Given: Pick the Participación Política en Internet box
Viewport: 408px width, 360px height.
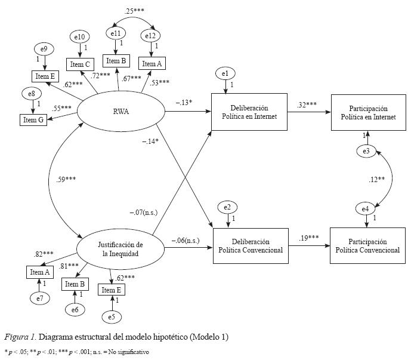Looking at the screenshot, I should pos(369,113).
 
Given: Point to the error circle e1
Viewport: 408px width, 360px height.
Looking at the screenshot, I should pos(225,74).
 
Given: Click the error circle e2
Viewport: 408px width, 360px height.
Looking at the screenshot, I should pos(228,207).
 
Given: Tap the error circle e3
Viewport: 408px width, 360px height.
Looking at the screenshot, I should pos(366,152).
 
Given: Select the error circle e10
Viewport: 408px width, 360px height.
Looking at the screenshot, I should pos(79,38).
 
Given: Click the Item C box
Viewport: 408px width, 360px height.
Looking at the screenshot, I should pos(79,64).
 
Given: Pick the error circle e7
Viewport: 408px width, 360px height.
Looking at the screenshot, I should pos(39,297).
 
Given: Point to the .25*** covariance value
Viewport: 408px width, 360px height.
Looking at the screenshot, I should pos(134,11).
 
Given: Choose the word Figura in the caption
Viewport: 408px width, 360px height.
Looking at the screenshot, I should pos(17,337).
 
